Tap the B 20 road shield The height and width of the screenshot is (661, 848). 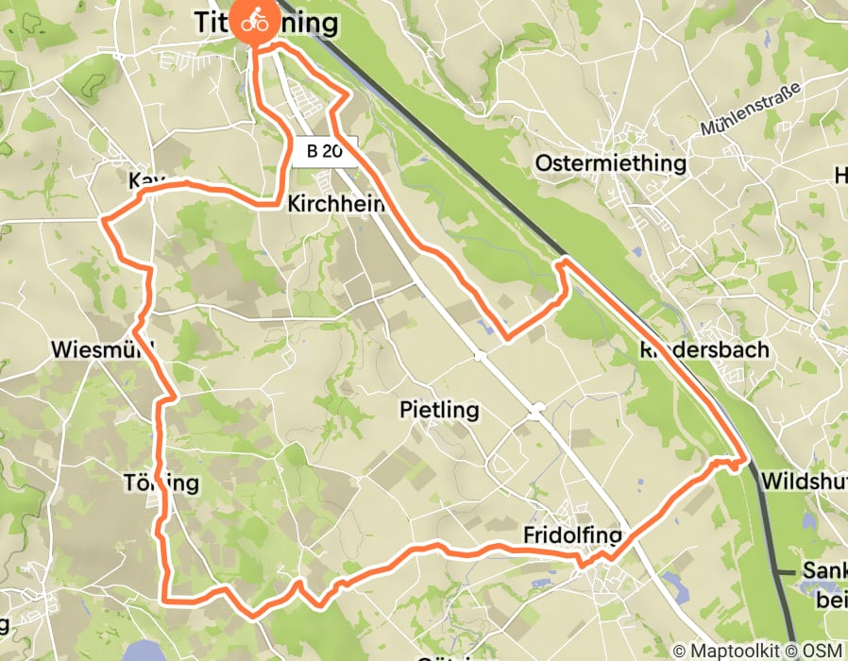324,150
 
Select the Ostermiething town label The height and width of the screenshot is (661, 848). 610,163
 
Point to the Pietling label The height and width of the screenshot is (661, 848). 439,411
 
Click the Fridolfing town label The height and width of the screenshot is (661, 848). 571,536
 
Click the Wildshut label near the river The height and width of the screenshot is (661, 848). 804,479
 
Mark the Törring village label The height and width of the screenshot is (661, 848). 161,483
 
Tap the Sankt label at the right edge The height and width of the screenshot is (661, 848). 823,571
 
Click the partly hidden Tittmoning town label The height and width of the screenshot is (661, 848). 265,23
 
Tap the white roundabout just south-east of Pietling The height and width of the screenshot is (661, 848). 537,411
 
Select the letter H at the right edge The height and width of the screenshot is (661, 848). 840,176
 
